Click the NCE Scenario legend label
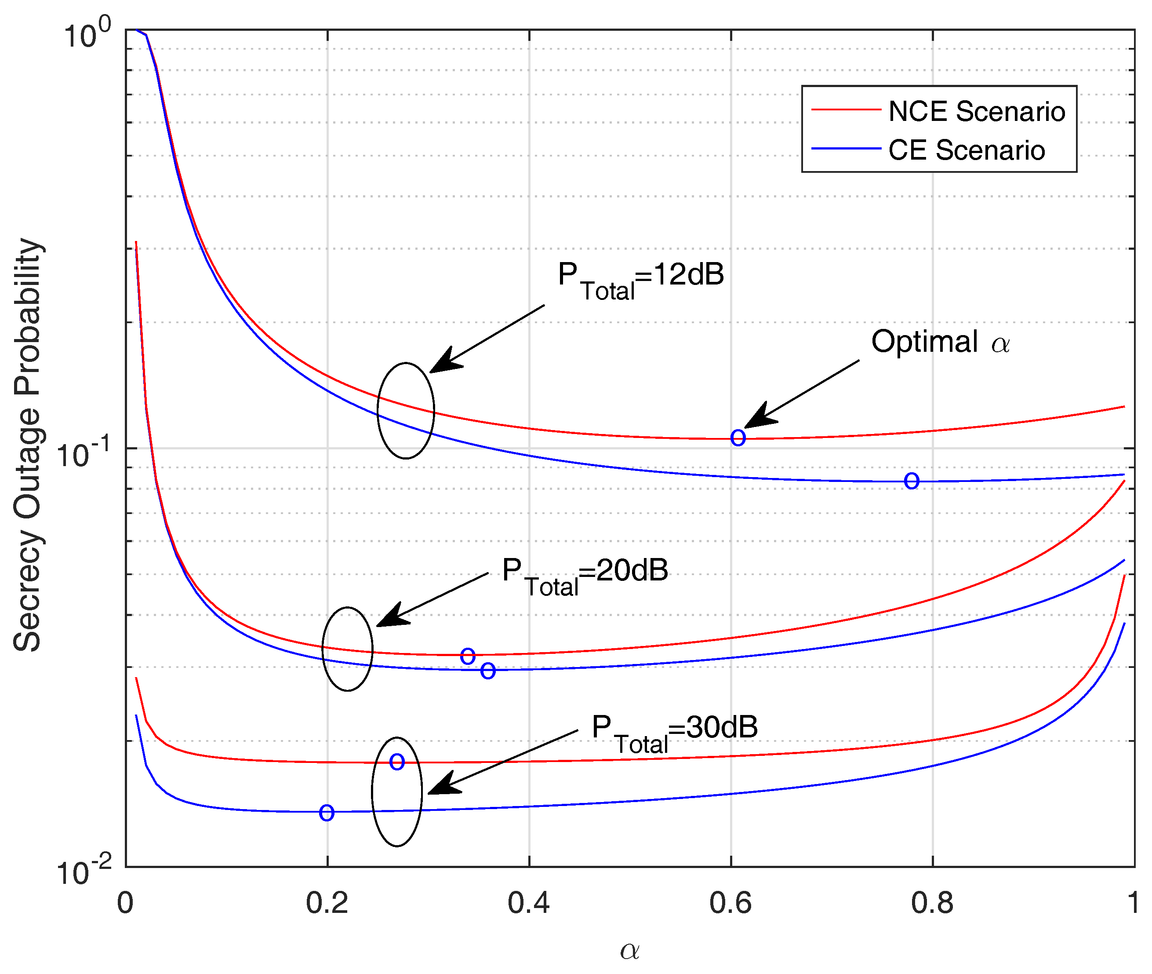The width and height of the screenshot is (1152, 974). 976,112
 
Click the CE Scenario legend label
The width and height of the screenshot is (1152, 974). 966,150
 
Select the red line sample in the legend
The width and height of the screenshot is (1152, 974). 845,110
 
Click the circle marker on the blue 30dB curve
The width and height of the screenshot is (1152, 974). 326,813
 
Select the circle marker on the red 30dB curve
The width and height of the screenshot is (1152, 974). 397,762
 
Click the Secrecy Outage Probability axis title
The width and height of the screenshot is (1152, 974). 27,445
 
